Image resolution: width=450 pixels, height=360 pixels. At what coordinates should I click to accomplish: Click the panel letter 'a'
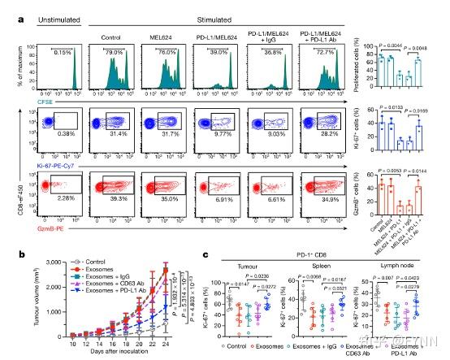[8, 8]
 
